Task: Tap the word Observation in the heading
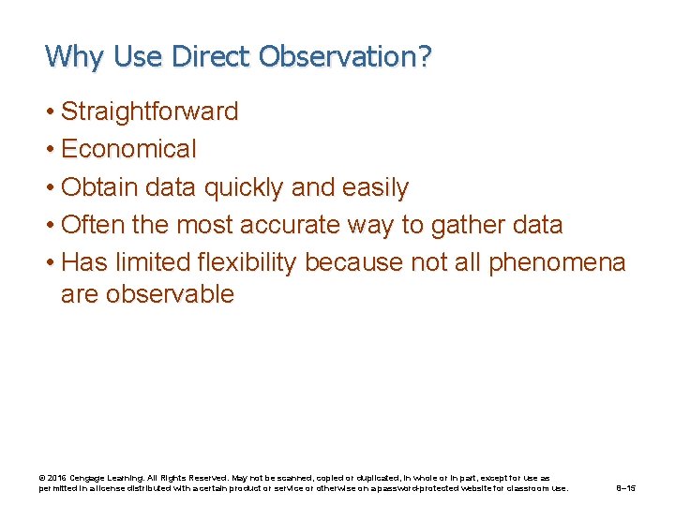point(338,56)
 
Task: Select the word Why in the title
point(74,56)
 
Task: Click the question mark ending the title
point(426,56)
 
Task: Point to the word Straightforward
point(149,112)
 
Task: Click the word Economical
point(128,149)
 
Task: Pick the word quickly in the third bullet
point(244,187)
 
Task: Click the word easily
point(373,187)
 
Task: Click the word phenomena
point(557,262)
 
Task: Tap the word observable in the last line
point(170,294)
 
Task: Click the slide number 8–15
point(625,488)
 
